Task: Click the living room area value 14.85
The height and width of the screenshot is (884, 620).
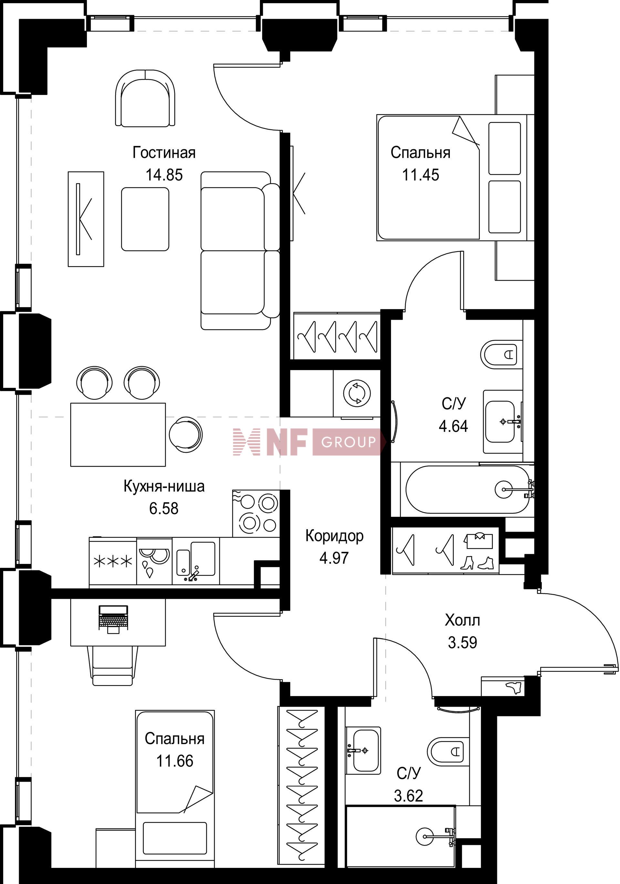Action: pyautogui.click(x=164, y=175)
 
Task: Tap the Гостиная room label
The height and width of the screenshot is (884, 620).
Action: pyautogui.click(x=164, y=152)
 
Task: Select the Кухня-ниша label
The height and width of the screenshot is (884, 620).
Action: pyautogui.click(x=164, y=486)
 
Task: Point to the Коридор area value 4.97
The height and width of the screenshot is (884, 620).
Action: pyautogui.click(x=334, y=557)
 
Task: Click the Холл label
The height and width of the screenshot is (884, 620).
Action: pyautogui.click(x=462, y=620)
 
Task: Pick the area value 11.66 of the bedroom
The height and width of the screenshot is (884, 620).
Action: pyautogui.click(x=175, y=761)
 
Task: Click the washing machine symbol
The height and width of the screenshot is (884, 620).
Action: pyautogui.click(x=357, y=393)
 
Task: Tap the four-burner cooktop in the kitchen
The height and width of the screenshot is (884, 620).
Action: pyautogui.click(x=255, y=513)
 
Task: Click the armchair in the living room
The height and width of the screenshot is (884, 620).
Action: pyautogui.click(x=146, y=98)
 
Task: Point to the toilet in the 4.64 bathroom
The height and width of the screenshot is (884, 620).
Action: pyautogui.click(x=502, y=354)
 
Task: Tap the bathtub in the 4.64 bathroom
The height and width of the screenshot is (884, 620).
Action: pyautogui.click(x=467, y=489)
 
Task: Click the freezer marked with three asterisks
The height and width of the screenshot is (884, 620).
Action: pyautogui.click(x=113, y=562)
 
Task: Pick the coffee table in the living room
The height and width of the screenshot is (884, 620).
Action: pyautogui.click(x=145, y=219)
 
